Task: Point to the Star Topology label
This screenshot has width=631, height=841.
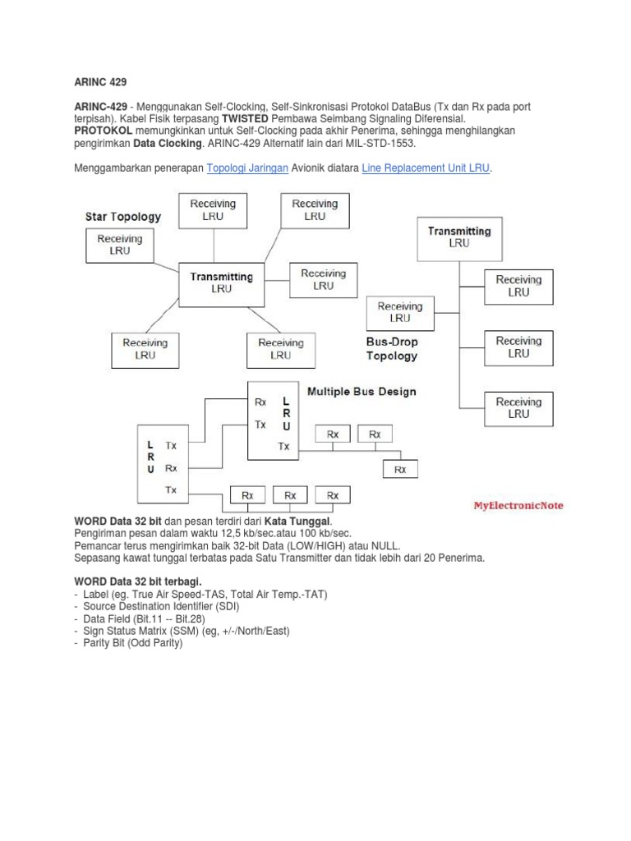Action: click(122, 218)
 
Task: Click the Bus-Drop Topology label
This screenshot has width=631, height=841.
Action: click(393, 348)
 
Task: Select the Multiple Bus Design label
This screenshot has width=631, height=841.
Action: click(362, 392)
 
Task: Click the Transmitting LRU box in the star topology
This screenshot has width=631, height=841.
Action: click(222, 283)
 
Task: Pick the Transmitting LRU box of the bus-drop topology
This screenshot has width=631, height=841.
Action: click(459, 237)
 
